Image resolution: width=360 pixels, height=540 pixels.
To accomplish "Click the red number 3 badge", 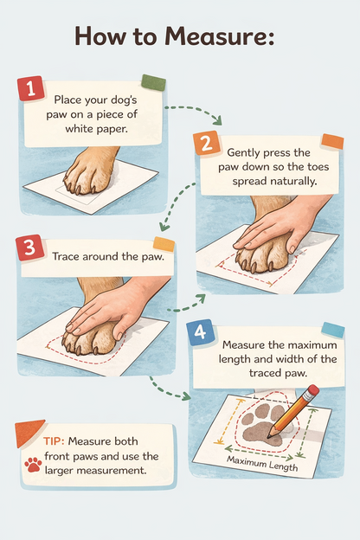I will pyautogui.click(x=29, y=249).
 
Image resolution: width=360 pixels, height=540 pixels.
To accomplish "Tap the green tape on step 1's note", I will pyautogui.click(x=152, y=83).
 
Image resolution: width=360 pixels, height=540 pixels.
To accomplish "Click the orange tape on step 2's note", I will pyautogui.click(x=332, y=142).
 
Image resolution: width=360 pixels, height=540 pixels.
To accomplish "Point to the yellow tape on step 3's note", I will pyautogui.click(x=163, y=245).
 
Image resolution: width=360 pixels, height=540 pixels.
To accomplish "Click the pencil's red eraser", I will pyautogui.click(x=312, y=392).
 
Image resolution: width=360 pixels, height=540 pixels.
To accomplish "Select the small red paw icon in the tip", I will pyautogui.click(x=33, y=465).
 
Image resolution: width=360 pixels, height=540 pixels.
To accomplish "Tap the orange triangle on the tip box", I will pyautogui.click(x=29, y=430).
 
